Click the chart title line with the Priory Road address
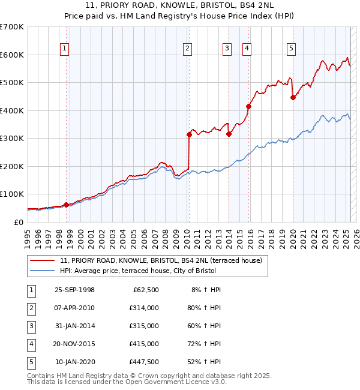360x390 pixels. [x=180, y=6]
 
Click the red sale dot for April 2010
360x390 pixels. [x=189, y=135]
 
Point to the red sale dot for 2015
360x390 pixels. [x=248, y=107]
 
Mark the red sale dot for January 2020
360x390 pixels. [x=293, y=98]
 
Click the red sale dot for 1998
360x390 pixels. [x=67, y=205]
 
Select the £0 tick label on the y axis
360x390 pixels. [x=19, y=222]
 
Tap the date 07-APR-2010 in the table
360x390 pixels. [x=74, y=308]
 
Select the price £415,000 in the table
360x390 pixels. [x=143, y=344]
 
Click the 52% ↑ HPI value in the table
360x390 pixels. [x=203, y=362]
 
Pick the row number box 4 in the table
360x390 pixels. [x=31, y=344]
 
